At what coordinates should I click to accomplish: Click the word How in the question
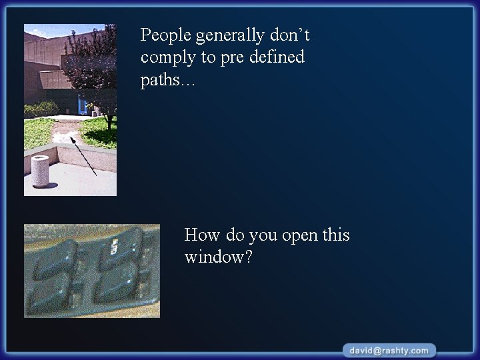[x=201, y=235]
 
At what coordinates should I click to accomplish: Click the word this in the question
[x=336, y=235]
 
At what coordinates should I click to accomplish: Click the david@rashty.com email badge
[x=390, y=350]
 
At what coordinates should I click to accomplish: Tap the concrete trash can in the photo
[x=41, y=172]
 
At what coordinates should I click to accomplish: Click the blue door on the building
[x=82, y=105]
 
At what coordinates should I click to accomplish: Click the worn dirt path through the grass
[x=70, y=127]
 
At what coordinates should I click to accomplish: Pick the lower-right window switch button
[x=120, y=288]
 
